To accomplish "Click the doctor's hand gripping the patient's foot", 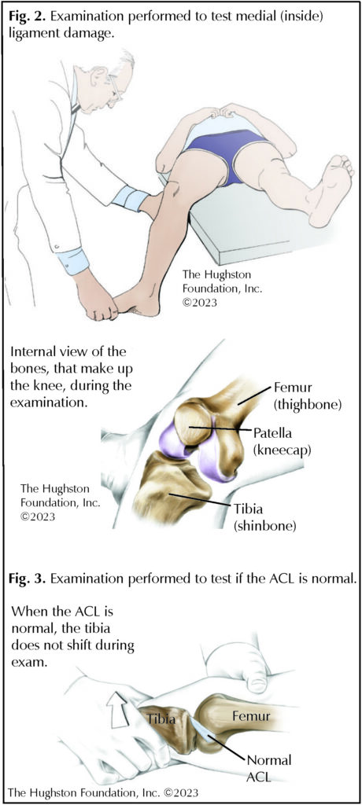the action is click(x=97, y=298).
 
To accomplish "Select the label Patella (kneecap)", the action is click(x=278, y=439).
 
